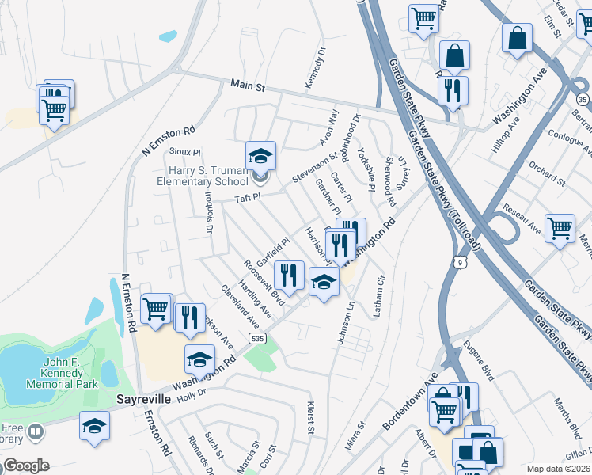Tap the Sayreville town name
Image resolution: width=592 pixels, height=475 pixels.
point(144,399)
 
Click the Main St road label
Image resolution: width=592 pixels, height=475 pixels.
point(247,84)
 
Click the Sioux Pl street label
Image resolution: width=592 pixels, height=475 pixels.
point(187,150)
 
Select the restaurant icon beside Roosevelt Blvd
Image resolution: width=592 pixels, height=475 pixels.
point(289,275)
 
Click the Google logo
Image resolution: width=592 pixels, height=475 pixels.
point(25,465)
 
